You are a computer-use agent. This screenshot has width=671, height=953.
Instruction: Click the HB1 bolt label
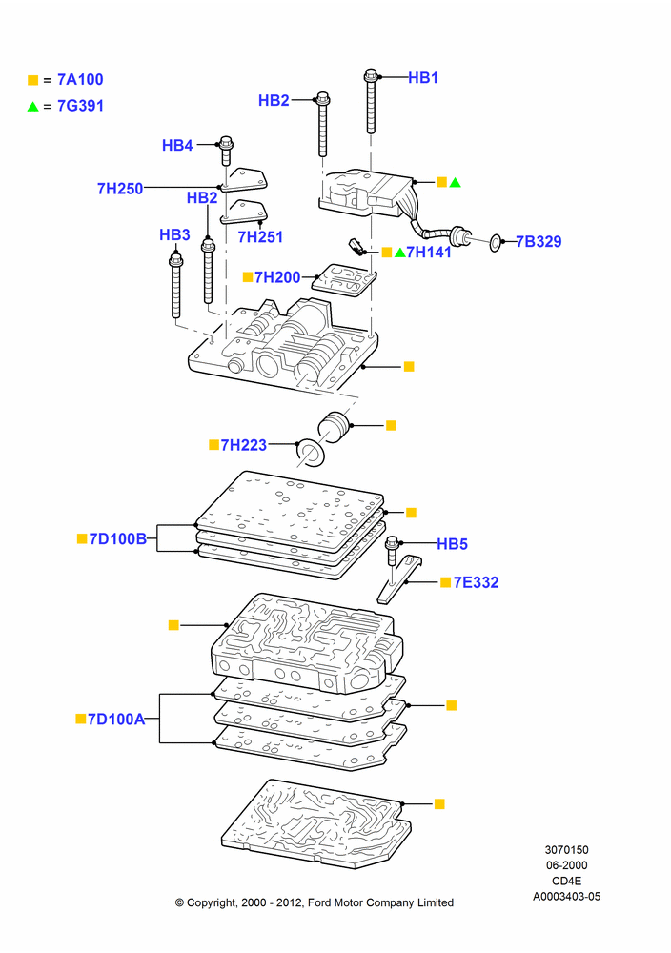pos(423,78)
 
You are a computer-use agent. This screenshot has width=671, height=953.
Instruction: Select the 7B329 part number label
pos(539,241)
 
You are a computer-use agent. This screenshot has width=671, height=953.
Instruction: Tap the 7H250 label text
pos(120,189)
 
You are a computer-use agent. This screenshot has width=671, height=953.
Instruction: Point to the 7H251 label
pos(260,237)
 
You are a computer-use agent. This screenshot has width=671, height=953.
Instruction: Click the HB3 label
pos(174,234)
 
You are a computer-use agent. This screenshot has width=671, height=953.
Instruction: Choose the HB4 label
pos(177,145)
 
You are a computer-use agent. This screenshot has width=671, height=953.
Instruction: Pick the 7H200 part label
pos(277,277)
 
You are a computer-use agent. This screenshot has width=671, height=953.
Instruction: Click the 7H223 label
pos(244,445)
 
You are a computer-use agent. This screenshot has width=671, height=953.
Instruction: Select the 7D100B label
pos(118,538)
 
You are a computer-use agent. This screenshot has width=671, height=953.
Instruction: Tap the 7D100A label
pos(116,719)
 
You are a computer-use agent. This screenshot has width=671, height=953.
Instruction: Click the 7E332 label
pos(476,582)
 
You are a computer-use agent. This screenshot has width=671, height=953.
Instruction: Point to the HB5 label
pos(452,544)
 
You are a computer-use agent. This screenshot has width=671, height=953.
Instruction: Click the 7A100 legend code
pos(80,80)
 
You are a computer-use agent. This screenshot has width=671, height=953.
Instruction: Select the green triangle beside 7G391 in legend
pos(32,107)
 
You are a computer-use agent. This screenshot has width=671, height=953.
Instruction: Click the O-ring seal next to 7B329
pos(496,243)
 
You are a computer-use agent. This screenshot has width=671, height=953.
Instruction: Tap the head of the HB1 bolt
pos(371,76)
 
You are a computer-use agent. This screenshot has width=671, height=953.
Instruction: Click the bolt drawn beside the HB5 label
pos(392,559)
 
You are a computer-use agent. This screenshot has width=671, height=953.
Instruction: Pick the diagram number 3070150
pos(566,850)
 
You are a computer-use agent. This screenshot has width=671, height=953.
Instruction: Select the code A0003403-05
pos(566,896)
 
